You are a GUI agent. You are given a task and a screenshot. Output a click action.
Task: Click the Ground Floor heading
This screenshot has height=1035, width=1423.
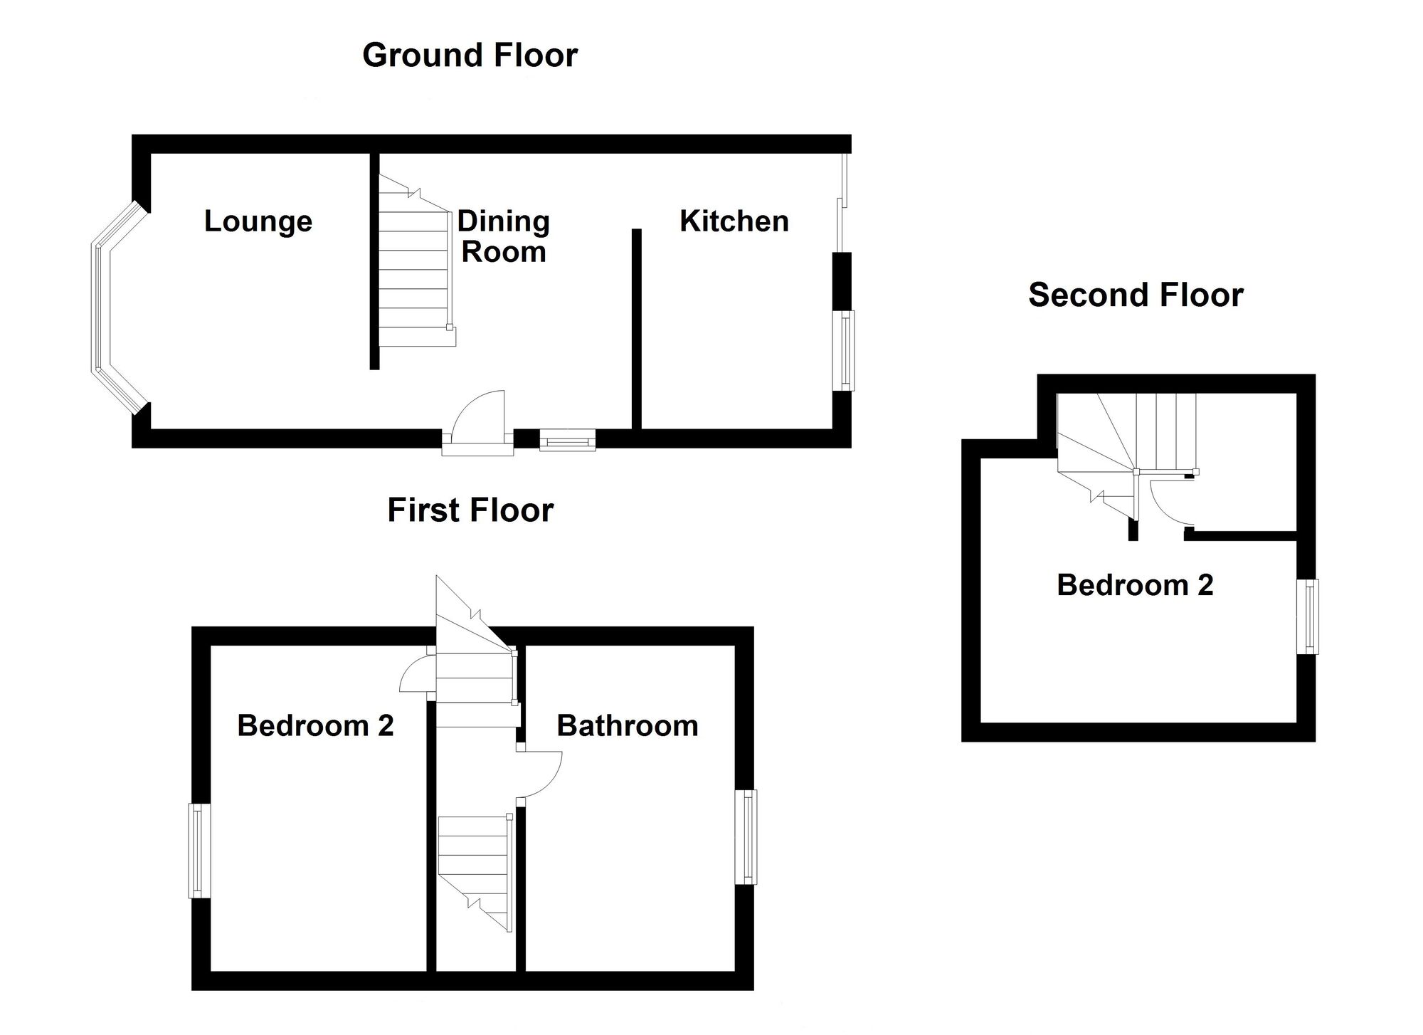tap(470, 56)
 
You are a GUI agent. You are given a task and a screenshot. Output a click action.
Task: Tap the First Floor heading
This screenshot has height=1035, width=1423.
tap(470, 510)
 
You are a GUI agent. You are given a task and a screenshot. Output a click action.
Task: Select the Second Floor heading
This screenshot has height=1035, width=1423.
tap(1136, 295)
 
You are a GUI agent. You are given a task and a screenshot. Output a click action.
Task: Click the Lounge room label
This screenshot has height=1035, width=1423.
tap(258, 221)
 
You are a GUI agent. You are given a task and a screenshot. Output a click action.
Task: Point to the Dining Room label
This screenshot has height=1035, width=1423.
tap(504, 236)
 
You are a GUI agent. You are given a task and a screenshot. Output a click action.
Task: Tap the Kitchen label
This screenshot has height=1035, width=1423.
tap(734, 221)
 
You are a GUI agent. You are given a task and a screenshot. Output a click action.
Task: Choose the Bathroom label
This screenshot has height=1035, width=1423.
tap(628, 725)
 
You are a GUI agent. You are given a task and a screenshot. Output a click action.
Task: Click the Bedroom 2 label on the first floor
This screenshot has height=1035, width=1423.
tap(315, 725)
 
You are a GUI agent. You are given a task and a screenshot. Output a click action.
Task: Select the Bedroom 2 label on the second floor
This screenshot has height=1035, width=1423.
tap(1135, 585)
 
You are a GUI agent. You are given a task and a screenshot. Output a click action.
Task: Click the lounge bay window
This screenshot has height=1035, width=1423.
tap(101, 308)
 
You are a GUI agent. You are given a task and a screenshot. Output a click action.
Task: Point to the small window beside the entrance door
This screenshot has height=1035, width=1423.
tap(567, 439)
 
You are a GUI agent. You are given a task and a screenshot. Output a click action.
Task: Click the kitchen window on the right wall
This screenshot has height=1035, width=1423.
tap(845, 350)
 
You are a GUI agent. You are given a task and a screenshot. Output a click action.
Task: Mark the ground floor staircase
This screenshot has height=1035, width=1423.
tap(417, 261)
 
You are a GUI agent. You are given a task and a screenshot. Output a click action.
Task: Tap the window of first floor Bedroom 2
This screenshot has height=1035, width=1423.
tap(200, 851)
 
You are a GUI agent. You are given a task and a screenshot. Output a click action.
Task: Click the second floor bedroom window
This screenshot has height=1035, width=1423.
tap(1308, 616)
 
